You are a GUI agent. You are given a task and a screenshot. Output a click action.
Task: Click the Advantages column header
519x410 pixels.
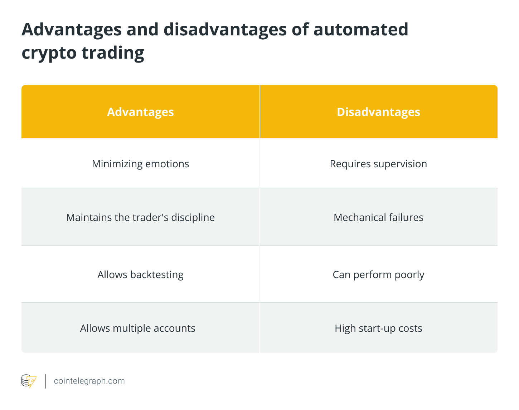pyautogui.click(x=140, y=112)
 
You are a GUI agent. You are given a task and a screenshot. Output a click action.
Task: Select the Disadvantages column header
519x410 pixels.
pyautogui.click(x=378, y=112)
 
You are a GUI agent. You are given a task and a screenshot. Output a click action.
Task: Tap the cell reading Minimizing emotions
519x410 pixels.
pyautogui.click(x=140, y=164)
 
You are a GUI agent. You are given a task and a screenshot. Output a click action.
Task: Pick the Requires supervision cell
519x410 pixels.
pyautogui.click(x=378, y=164)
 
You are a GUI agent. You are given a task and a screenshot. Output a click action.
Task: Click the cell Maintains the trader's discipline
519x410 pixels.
pyautogui.click(x=140, y=217)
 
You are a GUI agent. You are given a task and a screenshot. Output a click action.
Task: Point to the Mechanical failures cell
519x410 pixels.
pyautogui.click(x=378, y=217)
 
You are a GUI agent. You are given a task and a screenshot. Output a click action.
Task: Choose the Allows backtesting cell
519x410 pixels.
pyautogui.click(x=140, y=275)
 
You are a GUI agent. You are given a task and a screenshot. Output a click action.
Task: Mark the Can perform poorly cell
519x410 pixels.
pyautogui.click(x=378, y=275)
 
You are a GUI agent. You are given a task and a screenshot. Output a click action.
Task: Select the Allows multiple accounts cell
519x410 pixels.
pyautogui.click(x=138, y=328)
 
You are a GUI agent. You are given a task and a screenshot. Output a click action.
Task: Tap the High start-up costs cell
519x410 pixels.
pyautogui.click(x=378, y=328)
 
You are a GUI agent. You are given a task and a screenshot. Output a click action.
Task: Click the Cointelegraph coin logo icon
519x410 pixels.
pyautogui.click(x=29, y=381)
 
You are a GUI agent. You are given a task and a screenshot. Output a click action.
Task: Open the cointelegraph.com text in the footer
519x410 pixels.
pyautogui.click(x=89, y=381)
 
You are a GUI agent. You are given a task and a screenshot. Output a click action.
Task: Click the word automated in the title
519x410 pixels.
pyautogui.click(x=361, y=29)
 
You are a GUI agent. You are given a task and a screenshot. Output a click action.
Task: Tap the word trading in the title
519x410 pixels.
pyautogui.click(x=113, y=53)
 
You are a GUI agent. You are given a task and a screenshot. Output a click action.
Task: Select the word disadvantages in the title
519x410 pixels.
pyautogui.click(x=225, y=29)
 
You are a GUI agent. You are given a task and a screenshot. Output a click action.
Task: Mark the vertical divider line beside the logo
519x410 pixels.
pyautogui.click(x=45, y=381)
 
